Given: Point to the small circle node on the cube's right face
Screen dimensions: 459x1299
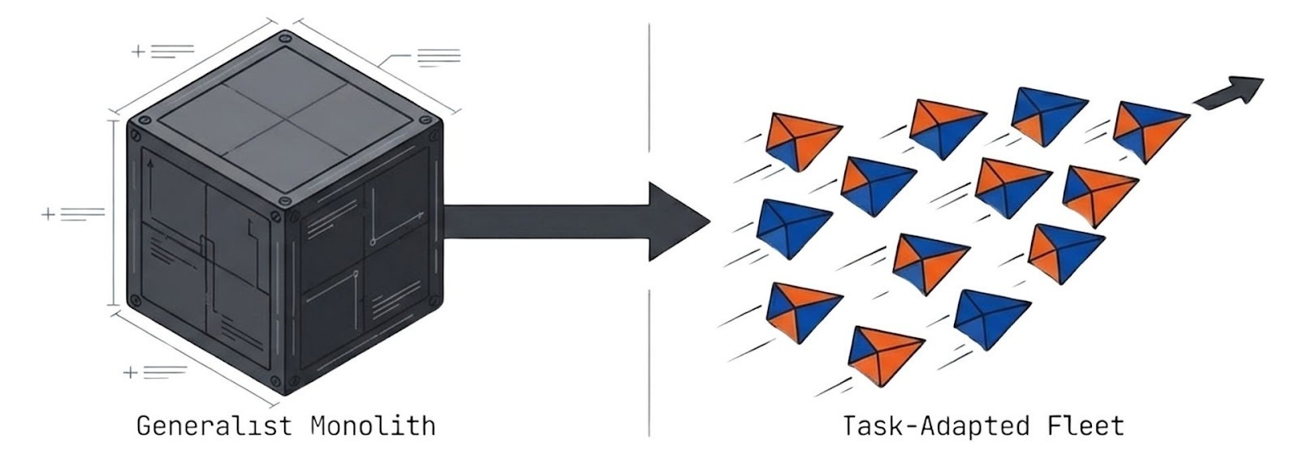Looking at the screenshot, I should point(373,241).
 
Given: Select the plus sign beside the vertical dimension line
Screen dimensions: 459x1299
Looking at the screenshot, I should point(48,214).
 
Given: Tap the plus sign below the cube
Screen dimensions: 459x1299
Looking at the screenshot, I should point(130,372).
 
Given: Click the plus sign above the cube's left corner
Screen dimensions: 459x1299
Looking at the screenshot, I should point(138,51).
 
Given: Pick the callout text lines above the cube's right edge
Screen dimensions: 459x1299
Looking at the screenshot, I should point(438,57).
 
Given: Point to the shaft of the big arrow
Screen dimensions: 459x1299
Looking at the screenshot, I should point(544,221).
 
